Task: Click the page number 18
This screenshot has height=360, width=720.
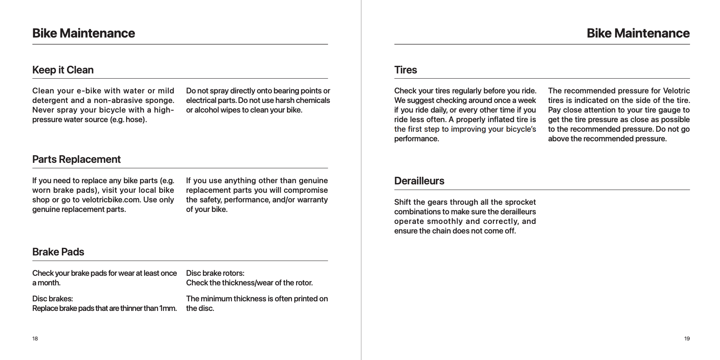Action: click(x=35, y=338)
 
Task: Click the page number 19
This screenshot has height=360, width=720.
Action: click(x=686, y=338)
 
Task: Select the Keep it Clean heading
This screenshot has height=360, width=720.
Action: click(x=63, y=70)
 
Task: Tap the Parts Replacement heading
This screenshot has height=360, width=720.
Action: click(x=76, y=159)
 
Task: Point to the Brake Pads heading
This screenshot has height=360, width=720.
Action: click(x=58, y=252)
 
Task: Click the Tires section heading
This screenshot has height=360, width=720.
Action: click(x=405, y=70)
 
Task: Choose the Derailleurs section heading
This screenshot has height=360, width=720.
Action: click(x=419, y=181)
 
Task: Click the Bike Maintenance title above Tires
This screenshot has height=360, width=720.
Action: click(x=638, y=33)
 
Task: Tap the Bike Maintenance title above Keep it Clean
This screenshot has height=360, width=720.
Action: click(x=83, y=33)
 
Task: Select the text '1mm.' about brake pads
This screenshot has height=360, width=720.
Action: click(x=168, y=308)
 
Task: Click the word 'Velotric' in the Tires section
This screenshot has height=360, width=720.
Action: click(x=676, y=91)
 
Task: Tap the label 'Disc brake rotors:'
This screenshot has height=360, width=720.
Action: click(x=215, y=273)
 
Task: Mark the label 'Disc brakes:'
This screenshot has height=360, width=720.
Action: click(x=53, y=299)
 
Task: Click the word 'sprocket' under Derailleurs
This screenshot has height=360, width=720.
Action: click(x=520, y=202)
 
